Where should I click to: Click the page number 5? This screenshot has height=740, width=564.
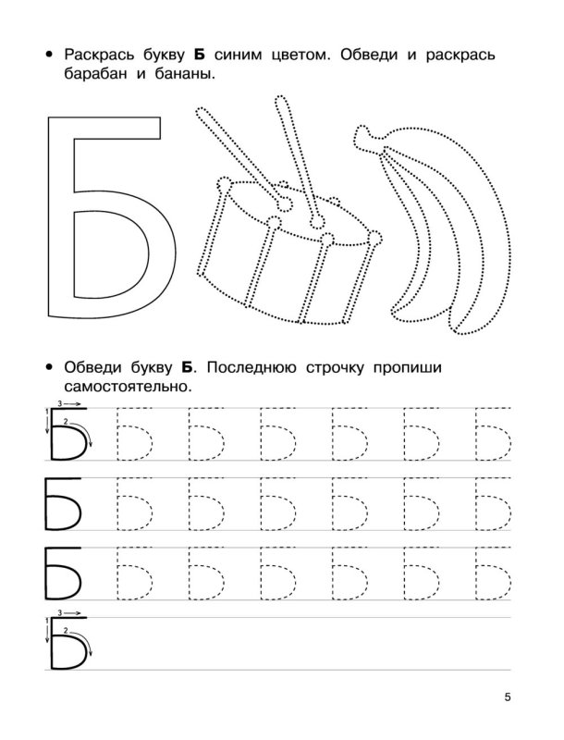508,696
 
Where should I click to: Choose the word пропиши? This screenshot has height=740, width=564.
462,367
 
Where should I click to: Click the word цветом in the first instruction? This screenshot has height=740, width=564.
307,55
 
